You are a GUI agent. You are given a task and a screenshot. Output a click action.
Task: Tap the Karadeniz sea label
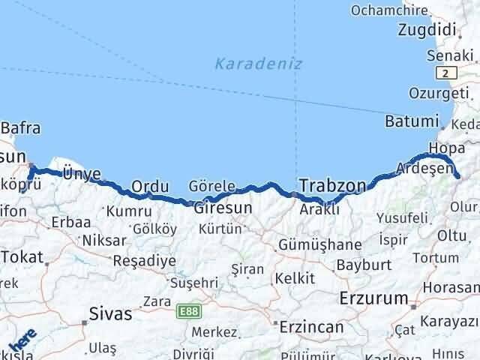(258, 64)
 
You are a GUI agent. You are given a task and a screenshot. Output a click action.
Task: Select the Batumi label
(410, 121)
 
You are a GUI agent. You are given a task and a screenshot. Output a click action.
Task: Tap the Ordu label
(147, 186)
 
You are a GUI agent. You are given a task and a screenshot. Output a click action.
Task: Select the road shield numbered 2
(448, 73)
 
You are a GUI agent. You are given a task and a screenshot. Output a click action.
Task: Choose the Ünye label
(81, 173)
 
